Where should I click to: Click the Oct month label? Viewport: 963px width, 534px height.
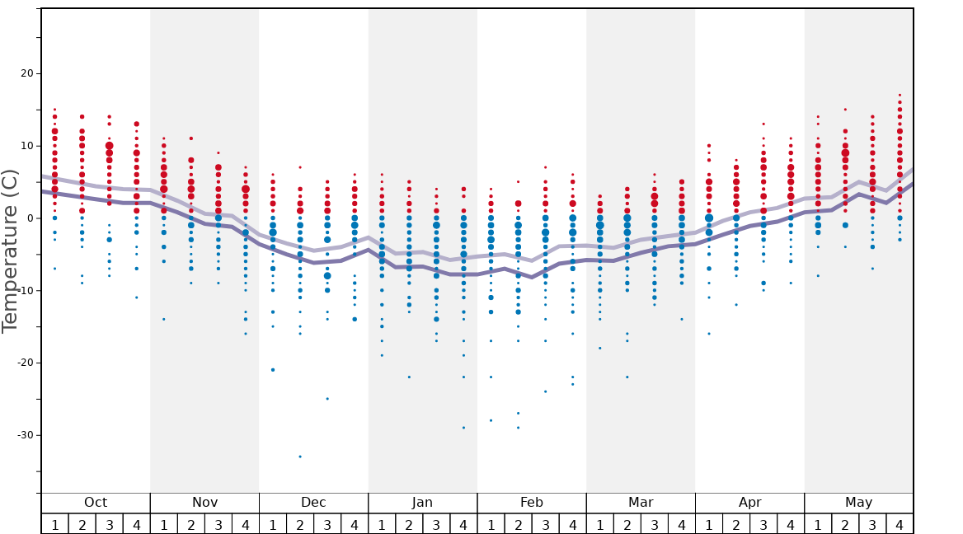tap(96, 503)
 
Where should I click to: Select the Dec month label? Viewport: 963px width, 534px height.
tap(313, 503)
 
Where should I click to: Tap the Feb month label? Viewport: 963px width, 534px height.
tap(532, 503)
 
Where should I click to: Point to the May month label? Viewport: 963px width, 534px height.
tap(858, 503)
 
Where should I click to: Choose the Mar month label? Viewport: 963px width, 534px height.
tap(641, 503)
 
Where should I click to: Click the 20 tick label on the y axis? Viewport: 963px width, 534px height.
tap(24, 73)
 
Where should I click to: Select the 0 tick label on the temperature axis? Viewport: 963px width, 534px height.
tap(29, 218)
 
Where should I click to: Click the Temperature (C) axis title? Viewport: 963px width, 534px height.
tap(10, 251)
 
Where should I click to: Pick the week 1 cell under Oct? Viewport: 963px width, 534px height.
tap(54, 524)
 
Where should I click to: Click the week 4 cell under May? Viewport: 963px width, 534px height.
tap(900, 524)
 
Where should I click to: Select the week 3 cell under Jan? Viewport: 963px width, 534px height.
tap(436, 524)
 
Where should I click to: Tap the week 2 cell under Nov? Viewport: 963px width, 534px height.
tap(191, 524)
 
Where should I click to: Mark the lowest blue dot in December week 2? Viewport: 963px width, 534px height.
tap(300, 457)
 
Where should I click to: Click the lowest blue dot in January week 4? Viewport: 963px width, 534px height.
tap(463, 428)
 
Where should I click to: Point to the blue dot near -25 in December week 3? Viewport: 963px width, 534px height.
tap(327, 399)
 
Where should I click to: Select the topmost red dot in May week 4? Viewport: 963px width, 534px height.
tap(900, 95)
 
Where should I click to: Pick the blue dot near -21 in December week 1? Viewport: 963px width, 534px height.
tap(273, 370)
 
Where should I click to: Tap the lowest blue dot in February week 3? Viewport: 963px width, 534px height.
tap(545, 391)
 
